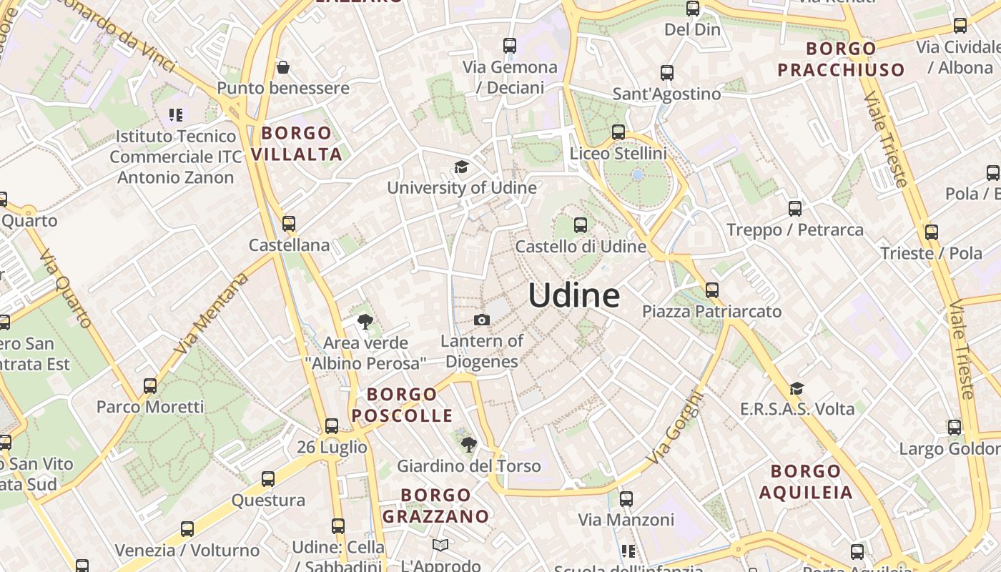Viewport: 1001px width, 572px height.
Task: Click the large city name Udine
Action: click(x=574, y=295)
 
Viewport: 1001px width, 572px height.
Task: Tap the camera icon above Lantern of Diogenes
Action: click(x=482, y=320)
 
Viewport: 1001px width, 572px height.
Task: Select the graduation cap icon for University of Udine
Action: click(x=462, y=167)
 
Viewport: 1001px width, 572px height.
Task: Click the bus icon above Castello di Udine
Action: click(x=581, y=225)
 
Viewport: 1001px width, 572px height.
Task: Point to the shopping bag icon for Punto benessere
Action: click(x=283, y=68)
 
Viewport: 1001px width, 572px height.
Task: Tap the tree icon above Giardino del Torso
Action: click(x=468, y=445)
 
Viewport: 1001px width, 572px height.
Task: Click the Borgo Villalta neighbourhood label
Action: click(x=296, y=143)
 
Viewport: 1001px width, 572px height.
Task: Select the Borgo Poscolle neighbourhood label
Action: click(x=402, y=405)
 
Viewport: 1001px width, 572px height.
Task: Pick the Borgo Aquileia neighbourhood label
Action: click(x=806, y=481)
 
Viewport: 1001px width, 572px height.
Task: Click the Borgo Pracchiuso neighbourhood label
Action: click(x=841, y=59)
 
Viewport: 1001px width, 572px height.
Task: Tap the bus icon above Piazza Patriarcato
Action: click(x=711, y=290)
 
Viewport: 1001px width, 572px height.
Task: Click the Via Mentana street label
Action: click(x=212, y=312)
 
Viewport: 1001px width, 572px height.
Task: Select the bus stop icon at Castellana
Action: click(x=289, y=224)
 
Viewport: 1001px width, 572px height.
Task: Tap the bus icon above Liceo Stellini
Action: click(x=618, y=132)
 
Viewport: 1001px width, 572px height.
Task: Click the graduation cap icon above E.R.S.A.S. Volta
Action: click(x=797, y=388)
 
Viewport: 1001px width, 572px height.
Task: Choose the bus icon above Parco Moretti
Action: click(x=150, y=386)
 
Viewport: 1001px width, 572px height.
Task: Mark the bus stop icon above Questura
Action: click(x=268, y=479)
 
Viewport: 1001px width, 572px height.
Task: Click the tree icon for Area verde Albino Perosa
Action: click(x=365, y=322)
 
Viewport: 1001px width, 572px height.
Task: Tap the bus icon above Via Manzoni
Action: click(x=626, y=499)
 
